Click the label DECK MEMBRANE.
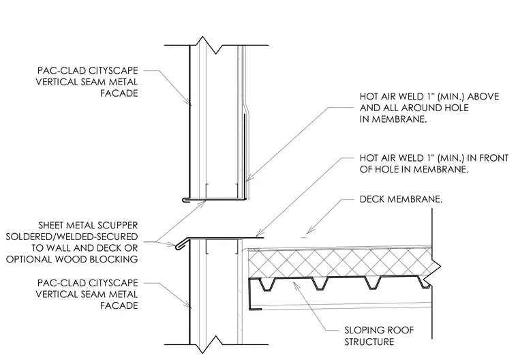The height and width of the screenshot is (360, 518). click(x=401, y=199)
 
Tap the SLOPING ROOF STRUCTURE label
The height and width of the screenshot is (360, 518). click(x=379, y=336)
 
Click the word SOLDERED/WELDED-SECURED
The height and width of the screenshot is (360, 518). click(x=72, y=237)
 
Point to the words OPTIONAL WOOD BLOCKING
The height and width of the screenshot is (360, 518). click(x=72, y=259)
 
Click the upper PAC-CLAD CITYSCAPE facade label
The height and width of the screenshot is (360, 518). click(x=87, y=82)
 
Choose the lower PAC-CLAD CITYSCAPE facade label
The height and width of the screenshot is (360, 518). click(x=87, y=294)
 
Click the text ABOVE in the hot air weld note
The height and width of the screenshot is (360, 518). click(x=483, y=97)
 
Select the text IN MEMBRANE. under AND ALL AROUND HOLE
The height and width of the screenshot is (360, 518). click(x=393, y=119)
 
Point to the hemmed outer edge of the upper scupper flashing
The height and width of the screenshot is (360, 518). click(x=185, y=200)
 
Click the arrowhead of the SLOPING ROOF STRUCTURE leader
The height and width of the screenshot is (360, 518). click(x=295, y=284)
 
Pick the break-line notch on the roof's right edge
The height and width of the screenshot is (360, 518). click(x=436, y=266)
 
